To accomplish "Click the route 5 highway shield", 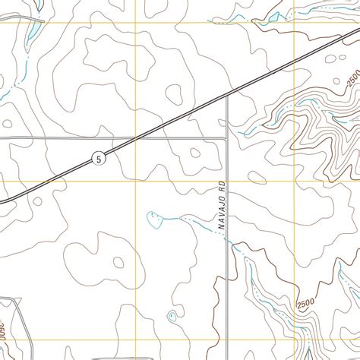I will coord(99,158).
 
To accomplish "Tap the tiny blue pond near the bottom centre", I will coord(172,315).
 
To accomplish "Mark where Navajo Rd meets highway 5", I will coord(227,97).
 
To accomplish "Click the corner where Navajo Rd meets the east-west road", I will coord(226,138).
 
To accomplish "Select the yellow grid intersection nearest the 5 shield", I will coord(136,182).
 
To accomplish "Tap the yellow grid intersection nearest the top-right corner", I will coord(294,24).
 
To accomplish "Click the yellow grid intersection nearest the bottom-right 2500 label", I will coord(294,339).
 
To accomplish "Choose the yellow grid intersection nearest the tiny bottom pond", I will coord(136,339).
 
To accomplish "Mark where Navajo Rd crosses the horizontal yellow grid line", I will coord(227,182).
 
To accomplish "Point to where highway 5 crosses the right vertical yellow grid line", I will coord(294,63).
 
